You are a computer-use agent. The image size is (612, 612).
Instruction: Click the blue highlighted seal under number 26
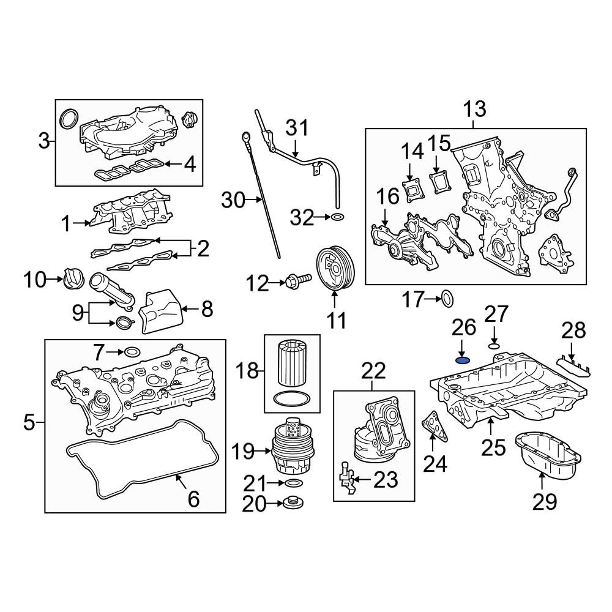(x=463, y=359)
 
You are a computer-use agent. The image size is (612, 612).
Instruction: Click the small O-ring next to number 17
(x=447, y=299)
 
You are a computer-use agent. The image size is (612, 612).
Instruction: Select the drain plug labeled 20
(x=291, y=504)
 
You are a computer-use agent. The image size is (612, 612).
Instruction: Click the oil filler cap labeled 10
(x=72, y=280)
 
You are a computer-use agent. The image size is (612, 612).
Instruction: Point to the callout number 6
(x=193, y=499)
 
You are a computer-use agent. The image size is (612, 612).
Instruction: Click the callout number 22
(x=374, y=370)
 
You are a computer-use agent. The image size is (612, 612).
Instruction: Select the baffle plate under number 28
(x=573, y=365)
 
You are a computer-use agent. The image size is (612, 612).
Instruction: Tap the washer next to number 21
(x=293, y=484)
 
